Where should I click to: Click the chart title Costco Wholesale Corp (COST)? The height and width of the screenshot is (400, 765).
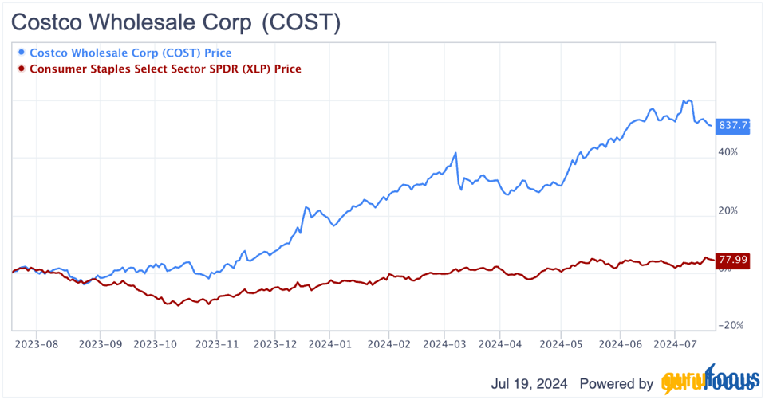click(x=175, y=23)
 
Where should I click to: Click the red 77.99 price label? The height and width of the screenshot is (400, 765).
click(x=733, y=259)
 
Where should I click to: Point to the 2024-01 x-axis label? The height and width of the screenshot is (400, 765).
click(x=330, y=345)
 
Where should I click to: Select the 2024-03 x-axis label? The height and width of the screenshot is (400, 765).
click(x=444, y=345)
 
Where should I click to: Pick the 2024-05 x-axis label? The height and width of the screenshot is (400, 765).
click(x=560, y=345)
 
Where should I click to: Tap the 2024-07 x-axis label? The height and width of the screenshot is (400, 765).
click(x=675, y=345)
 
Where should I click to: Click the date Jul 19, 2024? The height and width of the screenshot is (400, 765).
click(x=529, y=383)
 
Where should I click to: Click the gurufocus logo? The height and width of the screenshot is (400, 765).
click(x=708, y=383)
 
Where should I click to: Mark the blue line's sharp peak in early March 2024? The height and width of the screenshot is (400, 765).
click(x=455, y=153)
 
